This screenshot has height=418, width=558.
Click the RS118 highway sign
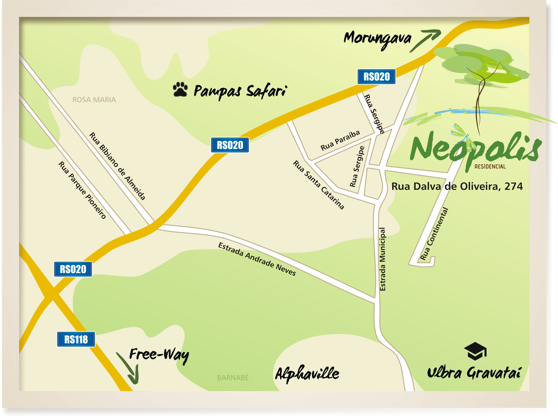(x=76, y=339)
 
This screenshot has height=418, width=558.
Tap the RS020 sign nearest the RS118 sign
(x=73, y=269)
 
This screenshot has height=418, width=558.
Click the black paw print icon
(x=180, y=89)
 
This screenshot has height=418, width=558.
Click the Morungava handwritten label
(x=377, y=39)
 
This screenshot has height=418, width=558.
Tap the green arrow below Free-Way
(x=129, y=369)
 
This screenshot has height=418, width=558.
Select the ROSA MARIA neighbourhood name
(x=94, y=100)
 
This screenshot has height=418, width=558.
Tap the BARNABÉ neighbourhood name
(x=233, y=378)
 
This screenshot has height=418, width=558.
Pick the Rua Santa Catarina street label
(x=318, y=185)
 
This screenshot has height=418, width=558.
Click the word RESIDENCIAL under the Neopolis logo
(x=490, y=167)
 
